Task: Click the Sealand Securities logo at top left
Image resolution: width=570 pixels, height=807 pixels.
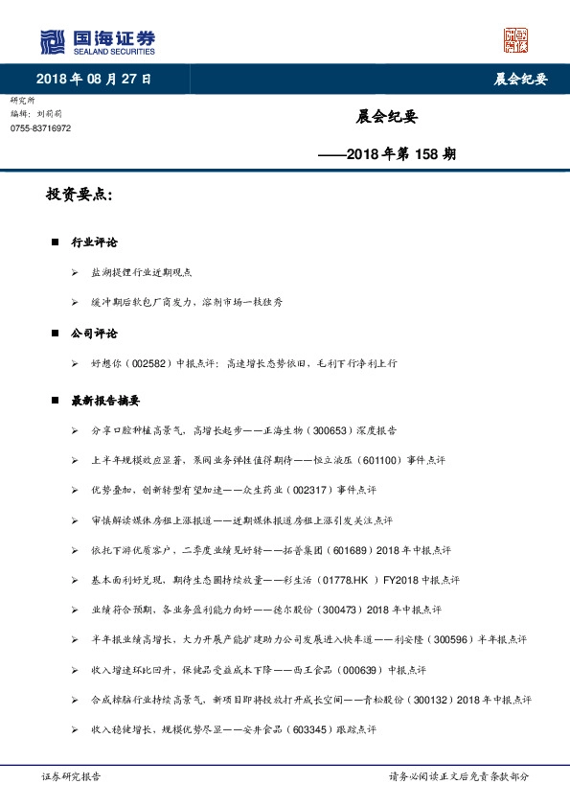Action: [97, 42]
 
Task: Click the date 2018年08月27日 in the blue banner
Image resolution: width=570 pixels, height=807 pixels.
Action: [94, 79]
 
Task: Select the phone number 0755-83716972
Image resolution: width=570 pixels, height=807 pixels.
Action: [40, 127]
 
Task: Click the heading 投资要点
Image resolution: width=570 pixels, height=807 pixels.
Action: [80, 196]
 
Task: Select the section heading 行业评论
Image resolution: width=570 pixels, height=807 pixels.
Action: [94, 243]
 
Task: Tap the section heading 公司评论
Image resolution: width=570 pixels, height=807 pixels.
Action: [94, 334]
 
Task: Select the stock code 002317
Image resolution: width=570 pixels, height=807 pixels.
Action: [306, 491]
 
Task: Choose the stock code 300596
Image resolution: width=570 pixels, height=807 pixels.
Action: [452, 640]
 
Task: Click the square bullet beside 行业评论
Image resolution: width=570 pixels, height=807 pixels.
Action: [56, 243]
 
